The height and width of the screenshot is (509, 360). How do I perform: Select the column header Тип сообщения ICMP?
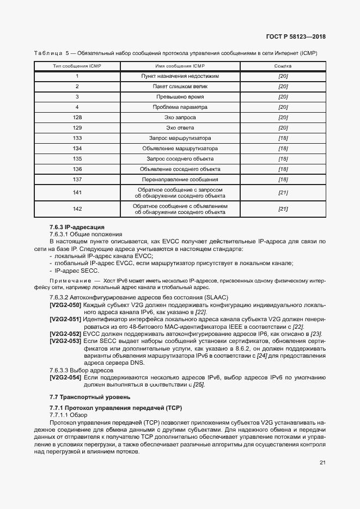pyautogui.click(x=77, y=66)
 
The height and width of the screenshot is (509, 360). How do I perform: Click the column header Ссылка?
pyautogui.click(x=283, y=66)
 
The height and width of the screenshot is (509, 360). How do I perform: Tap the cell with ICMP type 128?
pyautogui.click(x=77, y=118)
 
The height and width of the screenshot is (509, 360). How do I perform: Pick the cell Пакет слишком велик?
pyautogui.click(x=180, y=87)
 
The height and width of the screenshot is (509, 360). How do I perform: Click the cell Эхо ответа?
pyautogui.click(x=180, y=128)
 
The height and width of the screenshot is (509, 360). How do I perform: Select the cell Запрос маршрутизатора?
pyautogui.click(x=180, y=138)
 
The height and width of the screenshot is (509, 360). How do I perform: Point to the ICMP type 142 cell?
pyautogui.click(x=77, y=209)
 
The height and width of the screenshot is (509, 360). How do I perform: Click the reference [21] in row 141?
pyautogui.click(x=283, y=193)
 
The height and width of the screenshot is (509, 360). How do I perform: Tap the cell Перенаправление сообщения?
pyautogui.click(x=180, y=179)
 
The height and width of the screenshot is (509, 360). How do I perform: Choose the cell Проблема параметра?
pyautogui.click(x=180, y=107)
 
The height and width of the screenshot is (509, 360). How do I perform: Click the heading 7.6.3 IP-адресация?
pyautogui.click(x=76, y=226)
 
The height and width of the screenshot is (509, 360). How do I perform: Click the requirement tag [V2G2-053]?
pyautogui.click(x=65, y=340)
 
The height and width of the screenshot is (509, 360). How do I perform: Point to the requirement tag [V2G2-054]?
pyautogui.click(x=65, y=378)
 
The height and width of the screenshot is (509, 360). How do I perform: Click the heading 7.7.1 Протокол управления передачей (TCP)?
pyautogui.click(x=115, y=408)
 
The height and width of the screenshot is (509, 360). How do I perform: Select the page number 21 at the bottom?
pyautogui.click(x=322, y=463)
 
